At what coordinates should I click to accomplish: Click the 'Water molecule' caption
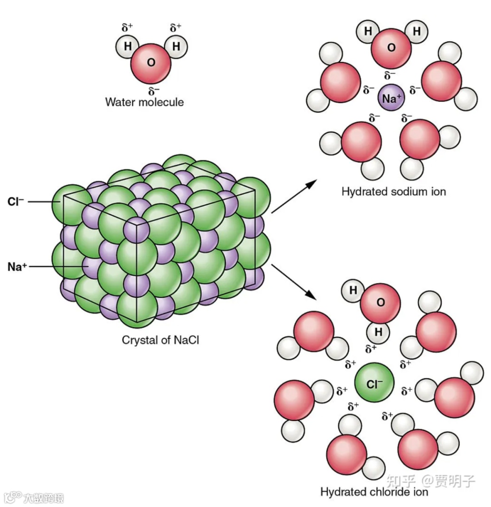point(145,102)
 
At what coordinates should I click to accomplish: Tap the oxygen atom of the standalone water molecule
point(151,63)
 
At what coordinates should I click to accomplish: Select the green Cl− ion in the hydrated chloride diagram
point(374,384)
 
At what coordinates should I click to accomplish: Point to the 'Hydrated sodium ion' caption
point(394,192)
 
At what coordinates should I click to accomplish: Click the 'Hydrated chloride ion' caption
point(374,492)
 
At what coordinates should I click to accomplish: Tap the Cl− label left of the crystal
point(15,201)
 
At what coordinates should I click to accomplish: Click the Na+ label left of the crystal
point(15,267)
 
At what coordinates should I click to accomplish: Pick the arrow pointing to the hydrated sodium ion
point(295,196)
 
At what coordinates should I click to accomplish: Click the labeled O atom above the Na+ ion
point(391,48)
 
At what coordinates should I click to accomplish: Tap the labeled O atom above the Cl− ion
point(381,303)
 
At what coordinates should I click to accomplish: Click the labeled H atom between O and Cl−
point(378,332)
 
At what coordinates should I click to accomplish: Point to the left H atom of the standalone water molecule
point(127,47)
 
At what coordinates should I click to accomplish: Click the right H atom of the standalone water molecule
point(175,47)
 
